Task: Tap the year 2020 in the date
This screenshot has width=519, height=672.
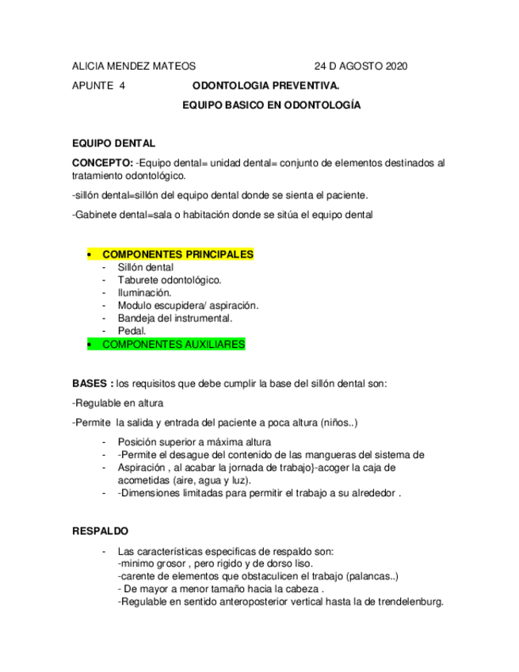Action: [394, 67]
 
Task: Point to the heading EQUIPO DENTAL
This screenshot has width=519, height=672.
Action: [113, 143]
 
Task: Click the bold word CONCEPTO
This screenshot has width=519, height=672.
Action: [101, 162]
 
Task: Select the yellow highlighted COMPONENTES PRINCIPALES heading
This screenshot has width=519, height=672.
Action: [177, 254]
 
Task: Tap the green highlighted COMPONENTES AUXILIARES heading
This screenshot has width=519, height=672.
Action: [174, 344]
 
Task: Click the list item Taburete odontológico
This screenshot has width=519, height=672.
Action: [169, 280]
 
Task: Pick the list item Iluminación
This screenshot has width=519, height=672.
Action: [144, 292]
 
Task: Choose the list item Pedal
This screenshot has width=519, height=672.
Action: [132, 330]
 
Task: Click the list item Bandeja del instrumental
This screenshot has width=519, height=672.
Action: [174, 318]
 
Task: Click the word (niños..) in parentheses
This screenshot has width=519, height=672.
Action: [340, 422]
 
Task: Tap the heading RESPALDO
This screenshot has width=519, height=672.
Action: [100, 530]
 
